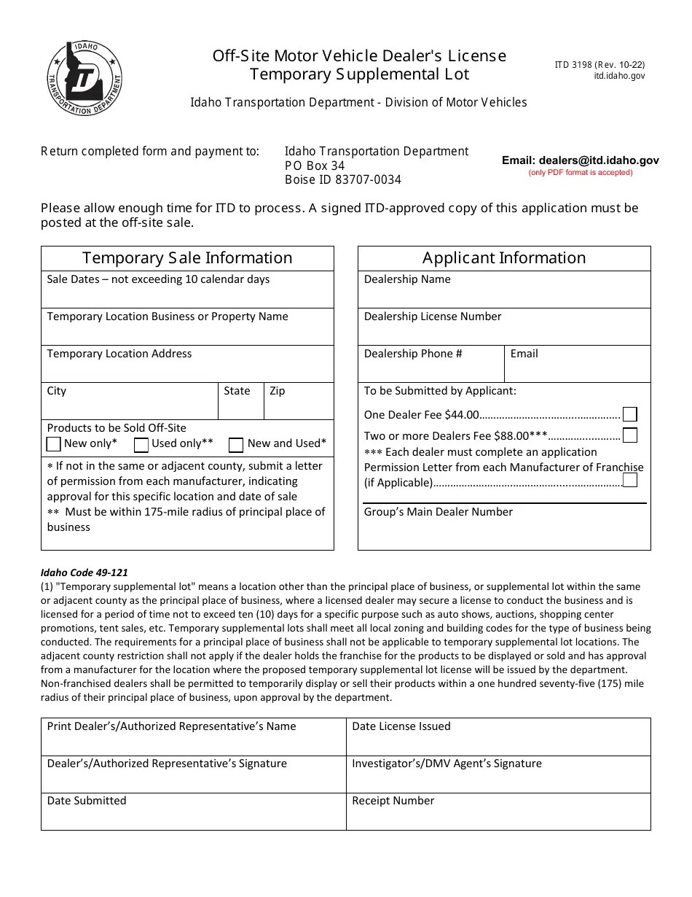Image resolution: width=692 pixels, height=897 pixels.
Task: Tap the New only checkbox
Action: [54, 444]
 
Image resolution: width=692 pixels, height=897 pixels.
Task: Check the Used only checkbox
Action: [141, 444]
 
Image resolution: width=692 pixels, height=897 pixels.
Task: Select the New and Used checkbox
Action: [236, 444]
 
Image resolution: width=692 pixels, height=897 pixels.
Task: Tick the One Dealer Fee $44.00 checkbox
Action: [630, 414]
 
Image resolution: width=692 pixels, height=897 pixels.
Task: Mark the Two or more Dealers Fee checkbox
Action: [630, 435]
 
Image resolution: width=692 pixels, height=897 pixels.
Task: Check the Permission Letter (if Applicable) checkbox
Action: [630, 480]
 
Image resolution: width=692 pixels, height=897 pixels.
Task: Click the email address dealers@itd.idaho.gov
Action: [580, 160]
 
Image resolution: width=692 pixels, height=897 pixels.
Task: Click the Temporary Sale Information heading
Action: [187, 258]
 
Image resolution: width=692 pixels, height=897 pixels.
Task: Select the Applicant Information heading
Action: [504, 258]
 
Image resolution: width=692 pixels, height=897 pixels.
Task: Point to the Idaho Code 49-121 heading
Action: [86, 572]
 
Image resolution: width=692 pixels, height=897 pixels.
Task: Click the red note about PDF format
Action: [580, 173]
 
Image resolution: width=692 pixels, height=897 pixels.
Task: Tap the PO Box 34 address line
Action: [315, 166]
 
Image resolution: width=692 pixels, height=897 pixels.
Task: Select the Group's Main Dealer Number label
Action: [439, 512]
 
